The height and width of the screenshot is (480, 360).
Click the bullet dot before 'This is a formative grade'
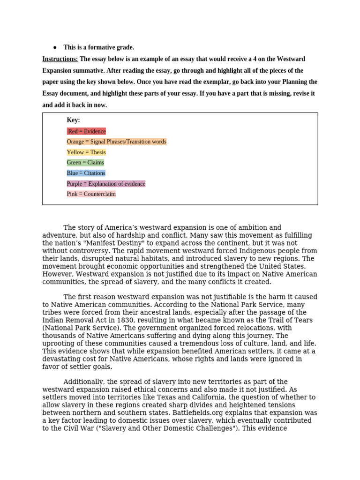coord(55,47)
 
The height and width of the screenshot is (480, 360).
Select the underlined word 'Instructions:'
coord(60,59)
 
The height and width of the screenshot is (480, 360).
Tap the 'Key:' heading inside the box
coord(73,120)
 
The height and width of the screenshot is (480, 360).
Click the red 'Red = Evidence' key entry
coord(87,131)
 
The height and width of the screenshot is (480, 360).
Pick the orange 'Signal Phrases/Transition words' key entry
coord(116,142)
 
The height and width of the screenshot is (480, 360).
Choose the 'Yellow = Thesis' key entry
coord(86,152)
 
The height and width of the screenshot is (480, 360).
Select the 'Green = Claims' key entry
coord(85,163)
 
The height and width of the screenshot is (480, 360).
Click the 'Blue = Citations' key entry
coord(86,173)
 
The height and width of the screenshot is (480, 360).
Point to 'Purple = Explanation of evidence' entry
coord(106,184)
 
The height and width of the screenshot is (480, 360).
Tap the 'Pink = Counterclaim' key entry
coord(91,194)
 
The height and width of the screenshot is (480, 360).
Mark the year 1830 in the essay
coord(115,320)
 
